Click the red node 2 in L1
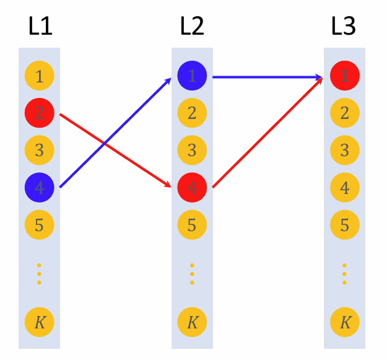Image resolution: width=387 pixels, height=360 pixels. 40,113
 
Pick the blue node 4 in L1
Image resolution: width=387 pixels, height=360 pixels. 40,187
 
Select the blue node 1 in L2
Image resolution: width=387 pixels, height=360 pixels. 192,76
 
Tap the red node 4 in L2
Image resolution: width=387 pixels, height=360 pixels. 192,187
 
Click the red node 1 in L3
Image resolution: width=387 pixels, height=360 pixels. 345,76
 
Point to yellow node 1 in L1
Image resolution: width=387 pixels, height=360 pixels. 40,77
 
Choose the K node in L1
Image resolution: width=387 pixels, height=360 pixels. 40,322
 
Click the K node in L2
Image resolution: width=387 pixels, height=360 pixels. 192,322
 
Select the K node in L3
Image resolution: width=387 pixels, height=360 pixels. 345,322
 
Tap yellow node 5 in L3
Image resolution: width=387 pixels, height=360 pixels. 345,224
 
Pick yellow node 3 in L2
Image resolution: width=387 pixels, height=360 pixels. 192,150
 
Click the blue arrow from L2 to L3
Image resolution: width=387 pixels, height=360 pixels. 266,77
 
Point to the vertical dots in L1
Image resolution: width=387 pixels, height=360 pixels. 40,273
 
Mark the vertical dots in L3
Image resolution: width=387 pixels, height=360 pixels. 345,273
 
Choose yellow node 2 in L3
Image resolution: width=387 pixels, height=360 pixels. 345,113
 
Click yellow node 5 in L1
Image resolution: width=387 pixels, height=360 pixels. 40,224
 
